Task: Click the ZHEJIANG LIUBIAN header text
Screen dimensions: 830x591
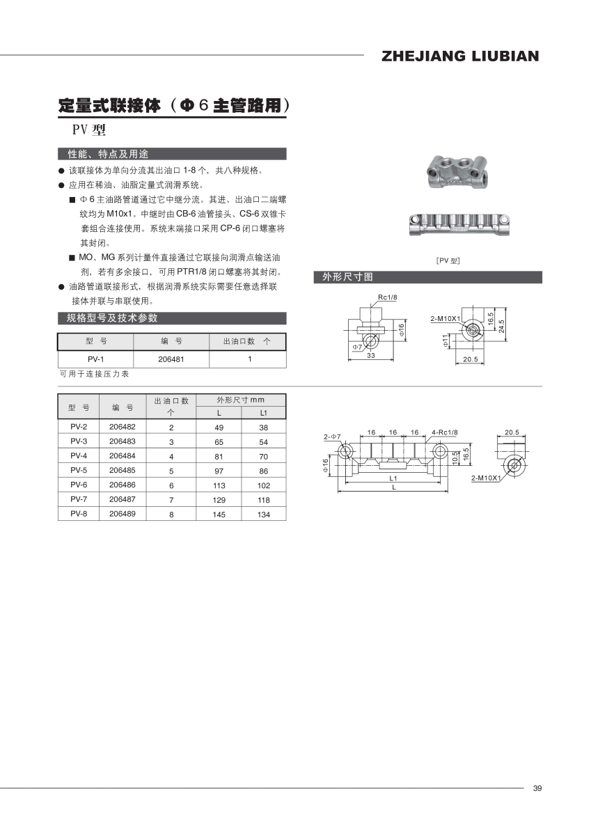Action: [x=460, y=56]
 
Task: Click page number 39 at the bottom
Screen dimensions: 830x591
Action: [x=537, y=788]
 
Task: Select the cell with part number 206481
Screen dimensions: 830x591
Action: [x=171, y=359]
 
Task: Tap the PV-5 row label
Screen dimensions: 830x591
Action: [x=79, y=470]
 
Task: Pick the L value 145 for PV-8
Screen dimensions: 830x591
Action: [x=219, y=515]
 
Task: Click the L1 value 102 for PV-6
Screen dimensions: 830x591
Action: [x=263, y=485]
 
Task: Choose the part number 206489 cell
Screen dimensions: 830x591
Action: [x=123, y=515]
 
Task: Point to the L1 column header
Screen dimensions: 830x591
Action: [x=263, y=414]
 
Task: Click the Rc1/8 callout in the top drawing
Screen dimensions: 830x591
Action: [x=387, y=297]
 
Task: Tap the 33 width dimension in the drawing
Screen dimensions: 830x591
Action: [x=371, y=356]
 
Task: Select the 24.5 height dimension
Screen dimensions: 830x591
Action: [x=501, y=325]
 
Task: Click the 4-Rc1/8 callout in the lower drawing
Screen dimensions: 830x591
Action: [x=445, y=432]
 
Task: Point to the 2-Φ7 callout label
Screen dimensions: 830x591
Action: [x=332, y=437]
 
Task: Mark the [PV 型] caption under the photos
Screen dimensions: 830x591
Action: [x=448, y=260]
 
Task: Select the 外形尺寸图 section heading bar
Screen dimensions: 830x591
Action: [x=427, y=277]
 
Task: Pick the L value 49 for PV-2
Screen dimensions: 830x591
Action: [x=219, y=427]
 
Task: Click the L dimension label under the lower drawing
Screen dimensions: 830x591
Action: [x=393, y=487]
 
